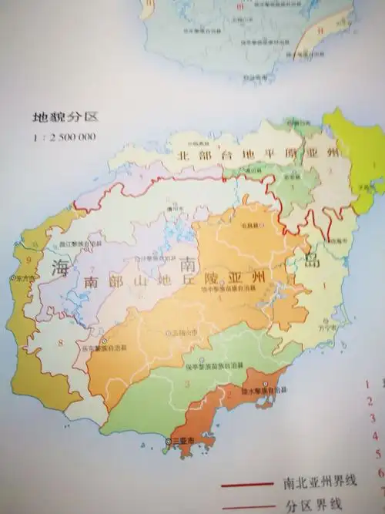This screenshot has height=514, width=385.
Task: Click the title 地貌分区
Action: point(55,119)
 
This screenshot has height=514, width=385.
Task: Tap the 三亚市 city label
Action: point(183,441)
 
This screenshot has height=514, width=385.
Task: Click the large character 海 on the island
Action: point(60,268)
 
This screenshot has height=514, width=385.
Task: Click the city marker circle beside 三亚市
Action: point(168,441)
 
